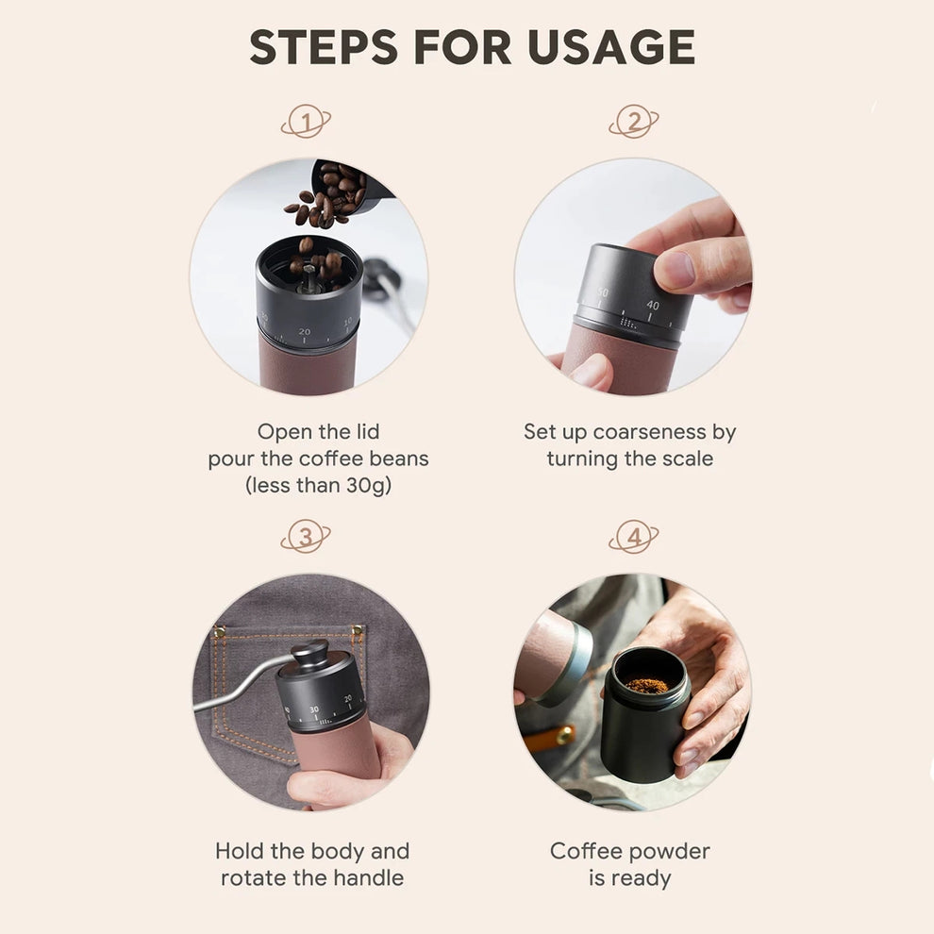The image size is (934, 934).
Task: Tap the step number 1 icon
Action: [x=306, y=122]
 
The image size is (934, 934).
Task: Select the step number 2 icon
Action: [x=633, y=122]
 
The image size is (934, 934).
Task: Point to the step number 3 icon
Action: [x=306, y=538]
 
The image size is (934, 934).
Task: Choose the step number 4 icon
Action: [x=633, y=538]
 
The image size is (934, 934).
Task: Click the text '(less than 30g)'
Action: [x=318, y=486]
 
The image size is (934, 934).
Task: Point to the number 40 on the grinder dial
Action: [x=653, y=305]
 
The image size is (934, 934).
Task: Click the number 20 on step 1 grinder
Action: [x=304, y=332]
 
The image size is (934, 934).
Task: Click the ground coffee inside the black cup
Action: [x=647, y=685]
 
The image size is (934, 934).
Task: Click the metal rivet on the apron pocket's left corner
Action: [x=220, y=630]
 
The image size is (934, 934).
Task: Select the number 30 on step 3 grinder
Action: [x=314, y=709]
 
